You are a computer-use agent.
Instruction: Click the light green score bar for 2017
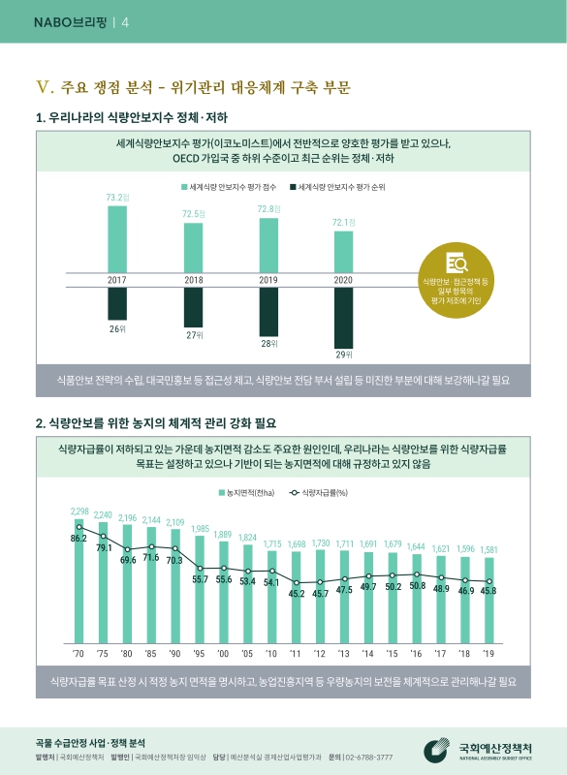116,240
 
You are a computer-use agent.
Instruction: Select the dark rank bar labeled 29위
343,317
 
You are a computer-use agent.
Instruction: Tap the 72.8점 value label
268,208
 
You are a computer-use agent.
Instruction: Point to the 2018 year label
193,280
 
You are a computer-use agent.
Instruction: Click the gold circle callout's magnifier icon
456,263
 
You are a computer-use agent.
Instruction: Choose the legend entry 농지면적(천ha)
248,493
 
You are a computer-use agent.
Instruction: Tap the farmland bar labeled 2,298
79,576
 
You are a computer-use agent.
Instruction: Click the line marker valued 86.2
79,527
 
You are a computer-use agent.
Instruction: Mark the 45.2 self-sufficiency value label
297,594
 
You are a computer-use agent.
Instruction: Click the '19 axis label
488,653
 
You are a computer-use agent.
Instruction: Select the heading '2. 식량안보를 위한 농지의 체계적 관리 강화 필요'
156,422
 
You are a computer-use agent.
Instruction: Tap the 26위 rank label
116,329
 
